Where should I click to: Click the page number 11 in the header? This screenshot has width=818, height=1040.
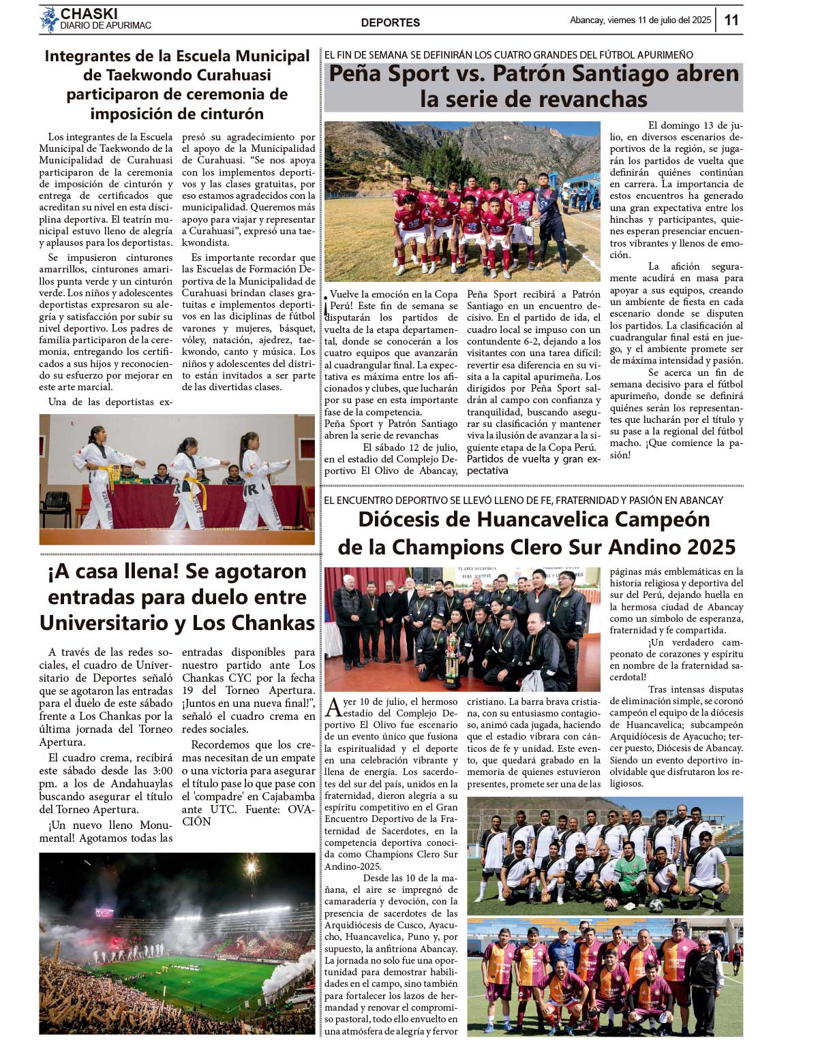731,20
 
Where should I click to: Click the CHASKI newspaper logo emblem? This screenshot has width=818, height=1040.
49,19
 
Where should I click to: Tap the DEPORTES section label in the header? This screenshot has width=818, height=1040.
390,22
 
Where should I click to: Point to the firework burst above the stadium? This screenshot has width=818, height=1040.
252,866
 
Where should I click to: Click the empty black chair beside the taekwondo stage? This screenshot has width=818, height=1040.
56,508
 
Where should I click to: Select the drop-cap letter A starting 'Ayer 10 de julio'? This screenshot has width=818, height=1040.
333,707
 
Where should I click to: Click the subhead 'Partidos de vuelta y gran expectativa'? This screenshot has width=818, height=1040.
533,464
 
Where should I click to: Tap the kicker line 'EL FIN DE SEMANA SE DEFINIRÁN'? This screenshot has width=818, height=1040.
508,54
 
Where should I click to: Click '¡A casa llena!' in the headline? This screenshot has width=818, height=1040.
110,571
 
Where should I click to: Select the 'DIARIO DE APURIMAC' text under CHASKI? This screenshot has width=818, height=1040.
106,26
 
